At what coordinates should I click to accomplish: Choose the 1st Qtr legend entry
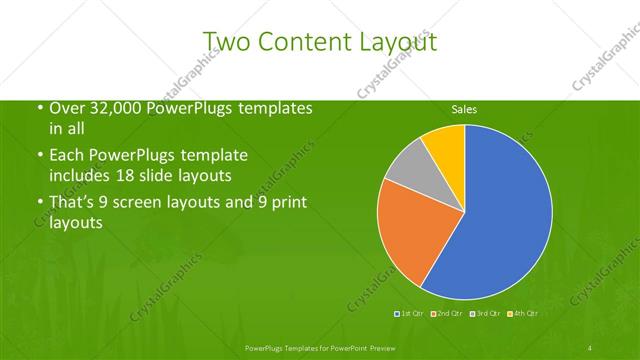point(411,315)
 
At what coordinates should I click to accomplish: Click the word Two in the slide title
point(226,42)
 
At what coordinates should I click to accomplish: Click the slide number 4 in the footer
point(590,347)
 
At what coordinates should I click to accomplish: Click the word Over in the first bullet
point(67,108)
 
